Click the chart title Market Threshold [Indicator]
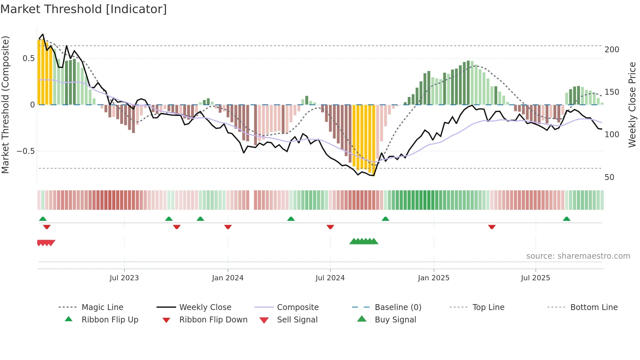[x=84, y=9]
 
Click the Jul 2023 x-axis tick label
[x=124, y=278]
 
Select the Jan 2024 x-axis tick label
[x=228, y=278]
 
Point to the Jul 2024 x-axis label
[x=330, y=278]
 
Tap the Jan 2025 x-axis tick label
[x=434, y=278]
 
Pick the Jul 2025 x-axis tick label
[x=536, y=278]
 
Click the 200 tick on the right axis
[x=612, y=50]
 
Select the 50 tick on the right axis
[x=609, y=177]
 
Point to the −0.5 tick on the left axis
[x=25, y=151]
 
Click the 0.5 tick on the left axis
[x=28, y=58]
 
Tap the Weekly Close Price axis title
[x=632, y=105]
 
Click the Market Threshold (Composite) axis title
[x=5, y=105]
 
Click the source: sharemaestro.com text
[x=578, y=256]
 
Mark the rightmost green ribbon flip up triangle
[x=567, y=219]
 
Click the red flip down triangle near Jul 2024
[x=330, y=227]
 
